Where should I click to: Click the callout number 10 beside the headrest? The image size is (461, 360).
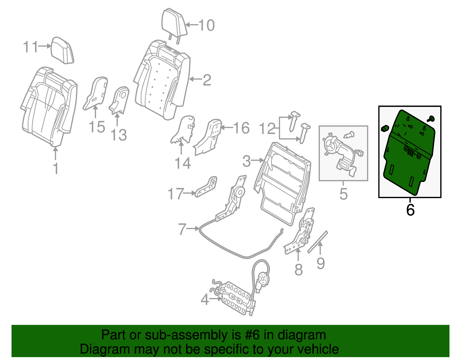(x=207, y=25)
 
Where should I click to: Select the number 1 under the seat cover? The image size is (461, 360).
(x=56, y=169)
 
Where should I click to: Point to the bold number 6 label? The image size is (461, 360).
(x=410, y=210)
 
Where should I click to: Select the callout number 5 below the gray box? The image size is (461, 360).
(x=343, y=194)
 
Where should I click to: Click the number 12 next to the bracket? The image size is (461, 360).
(x=267, y=129)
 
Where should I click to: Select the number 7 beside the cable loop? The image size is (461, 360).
(x=182, y=229)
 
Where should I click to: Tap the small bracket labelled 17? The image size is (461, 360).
(x=207, y=187)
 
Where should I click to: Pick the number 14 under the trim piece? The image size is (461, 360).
(x=183, y=163)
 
